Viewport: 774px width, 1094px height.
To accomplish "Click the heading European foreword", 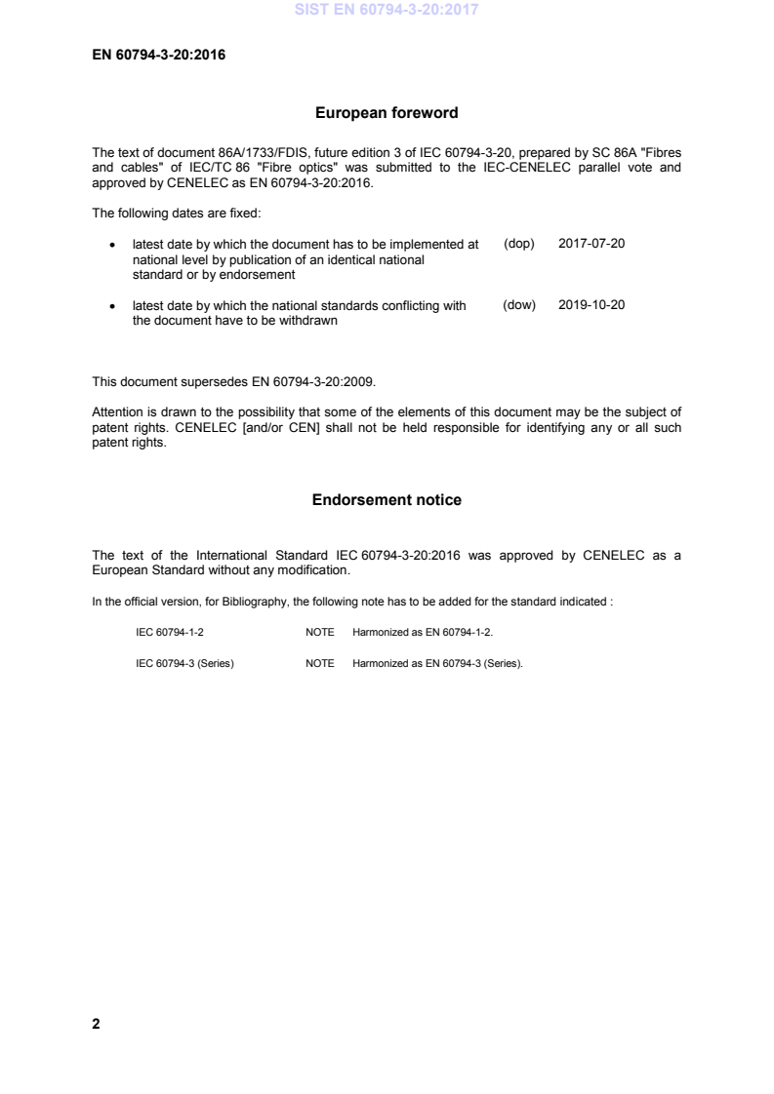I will tap(387, 113).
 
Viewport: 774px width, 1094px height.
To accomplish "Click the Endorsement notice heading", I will tap(387, 500).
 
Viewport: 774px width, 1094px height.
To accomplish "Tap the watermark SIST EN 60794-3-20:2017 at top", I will tap(387, 12).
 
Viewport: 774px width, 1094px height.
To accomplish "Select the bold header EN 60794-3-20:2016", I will tap(158, 56).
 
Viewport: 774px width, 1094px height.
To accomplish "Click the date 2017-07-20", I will tap(591, 244).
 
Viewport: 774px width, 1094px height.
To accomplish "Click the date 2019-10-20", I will tap(591, 305).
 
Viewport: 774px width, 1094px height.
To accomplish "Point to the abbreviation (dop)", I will tap(519, 244).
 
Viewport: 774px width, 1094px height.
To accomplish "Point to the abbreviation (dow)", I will tap(519, 305).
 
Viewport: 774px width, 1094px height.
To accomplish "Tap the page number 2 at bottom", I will tap(96, 1025).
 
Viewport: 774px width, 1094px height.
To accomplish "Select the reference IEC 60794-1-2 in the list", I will tap(170, 633).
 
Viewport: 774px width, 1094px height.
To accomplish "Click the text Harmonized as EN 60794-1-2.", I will tap(423, 633).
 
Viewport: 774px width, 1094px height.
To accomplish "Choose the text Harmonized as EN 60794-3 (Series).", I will tap(437, 664).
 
